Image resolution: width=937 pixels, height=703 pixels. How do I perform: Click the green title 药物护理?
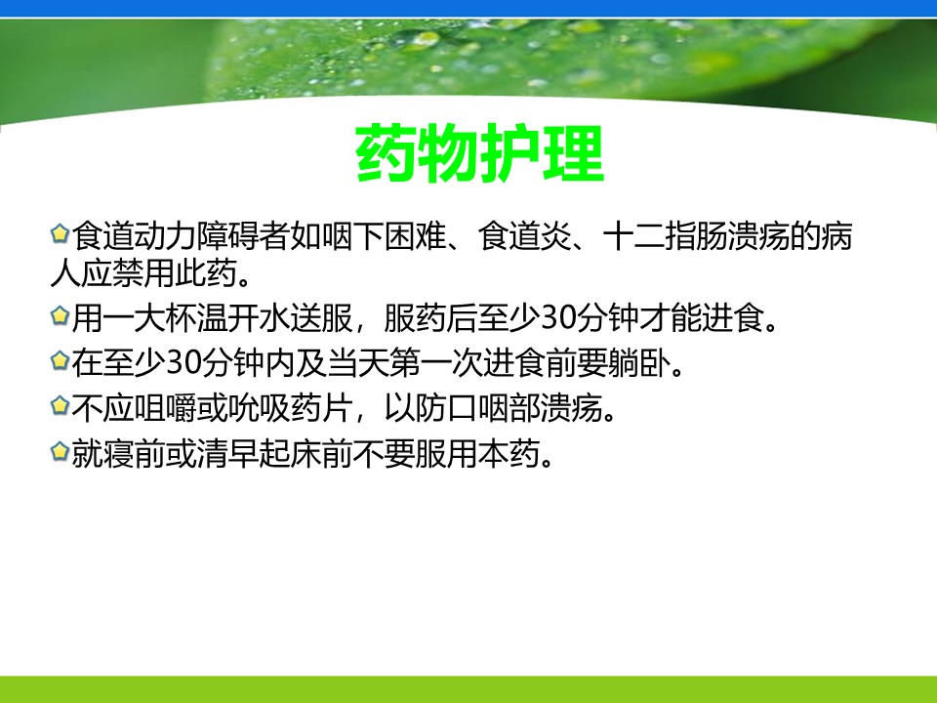pyautogui.click(x=480, y=153)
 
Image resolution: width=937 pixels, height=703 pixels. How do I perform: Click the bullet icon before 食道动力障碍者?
pyautogui.click(x=60, y=233)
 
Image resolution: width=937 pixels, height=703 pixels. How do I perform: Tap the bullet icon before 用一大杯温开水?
pyautogui.click(x=60, y=315)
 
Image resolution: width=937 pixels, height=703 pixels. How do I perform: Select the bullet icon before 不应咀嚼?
pyautogui.click(x=60, y=406)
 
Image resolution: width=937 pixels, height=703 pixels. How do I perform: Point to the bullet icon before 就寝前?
pyautogui.click(x=60, y=451)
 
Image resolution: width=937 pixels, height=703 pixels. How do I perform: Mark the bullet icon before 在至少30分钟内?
pyautogui.click(x=60, y=360)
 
